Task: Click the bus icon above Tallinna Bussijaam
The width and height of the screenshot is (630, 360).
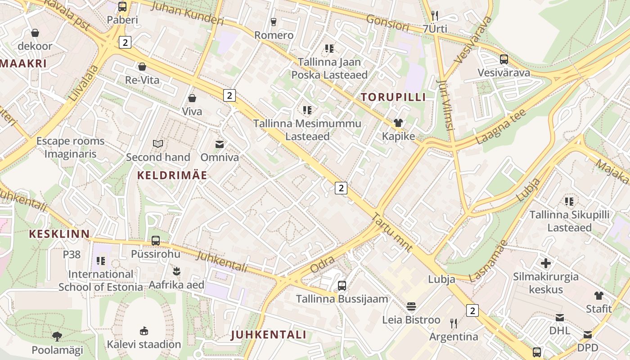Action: [x=342, y=286]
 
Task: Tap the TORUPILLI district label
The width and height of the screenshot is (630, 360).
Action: [x=393, y=97]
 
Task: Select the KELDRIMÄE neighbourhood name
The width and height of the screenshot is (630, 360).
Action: [x=172, y=175]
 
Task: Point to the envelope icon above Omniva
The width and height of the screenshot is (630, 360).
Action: [x=220, y=144]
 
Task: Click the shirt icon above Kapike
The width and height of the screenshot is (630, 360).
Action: [x=398, y=123]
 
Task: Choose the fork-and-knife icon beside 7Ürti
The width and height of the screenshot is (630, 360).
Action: [x=435, y=16]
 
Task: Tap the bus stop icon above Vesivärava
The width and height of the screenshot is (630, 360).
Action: [x=504, y=59]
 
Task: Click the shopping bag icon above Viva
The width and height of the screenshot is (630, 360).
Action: [x=192, y=98]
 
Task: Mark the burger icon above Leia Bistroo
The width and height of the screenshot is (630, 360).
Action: [x=411, y=307]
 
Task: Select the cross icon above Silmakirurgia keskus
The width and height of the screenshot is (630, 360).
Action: [x=546, y=263]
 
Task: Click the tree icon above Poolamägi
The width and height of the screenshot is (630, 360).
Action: [x=57, y=336]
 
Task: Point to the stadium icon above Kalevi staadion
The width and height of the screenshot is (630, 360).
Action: [x=144, y=331]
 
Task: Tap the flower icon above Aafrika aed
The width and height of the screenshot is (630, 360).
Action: [x=176, y=271]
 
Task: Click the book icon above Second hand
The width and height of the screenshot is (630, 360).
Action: [x=158, y=144]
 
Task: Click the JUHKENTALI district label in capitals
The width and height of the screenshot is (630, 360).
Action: [x=269, y=335]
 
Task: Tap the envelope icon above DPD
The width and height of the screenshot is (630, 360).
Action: [x=588, y=335]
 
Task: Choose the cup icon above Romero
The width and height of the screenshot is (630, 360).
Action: [x=274, y=22]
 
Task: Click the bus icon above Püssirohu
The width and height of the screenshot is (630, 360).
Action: [x=156, y=241]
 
